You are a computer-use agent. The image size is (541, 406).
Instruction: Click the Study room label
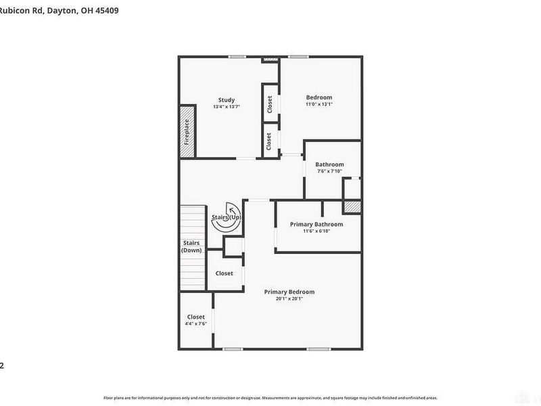coord(226,100)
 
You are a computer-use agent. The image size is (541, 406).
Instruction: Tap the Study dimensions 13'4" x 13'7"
coord(226,107)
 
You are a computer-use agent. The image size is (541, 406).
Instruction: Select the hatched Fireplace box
coord(187,132)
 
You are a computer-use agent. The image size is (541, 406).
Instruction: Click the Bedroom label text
coord(319,97)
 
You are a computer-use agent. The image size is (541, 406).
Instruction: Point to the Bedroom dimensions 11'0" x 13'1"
coord(319,104)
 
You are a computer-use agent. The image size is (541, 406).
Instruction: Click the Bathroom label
coord(330,164)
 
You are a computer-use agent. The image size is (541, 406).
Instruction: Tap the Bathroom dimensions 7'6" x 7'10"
coord(330,171)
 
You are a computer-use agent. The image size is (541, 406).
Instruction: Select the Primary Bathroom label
coord(316,224)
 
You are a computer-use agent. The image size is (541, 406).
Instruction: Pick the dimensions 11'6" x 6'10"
coord(316,231)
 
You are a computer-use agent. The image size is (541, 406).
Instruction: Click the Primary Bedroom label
coord(289,292)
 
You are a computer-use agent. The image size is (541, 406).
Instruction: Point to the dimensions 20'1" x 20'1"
coord(289,298)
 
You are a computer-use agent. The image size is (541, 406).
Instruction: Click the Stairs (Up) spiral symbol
coord(227,217)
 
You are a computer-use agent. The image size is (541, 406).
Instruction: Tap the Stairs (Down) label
coord(191,246)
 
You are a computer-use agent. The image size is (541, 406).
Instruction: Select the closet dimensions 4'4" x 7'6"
coord(195,323)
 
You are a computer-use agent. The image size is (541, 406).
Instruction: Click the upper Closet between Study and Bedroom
coord(270,104)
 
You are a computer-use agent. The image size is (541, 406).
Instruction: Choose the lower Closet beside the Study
coord(270,141)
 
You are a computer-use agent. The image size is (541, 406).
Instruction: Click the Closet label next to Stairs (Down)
coord(224,273)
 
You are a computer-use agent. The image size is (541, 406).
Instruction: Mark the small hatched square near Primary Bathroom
coord(352,207)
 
